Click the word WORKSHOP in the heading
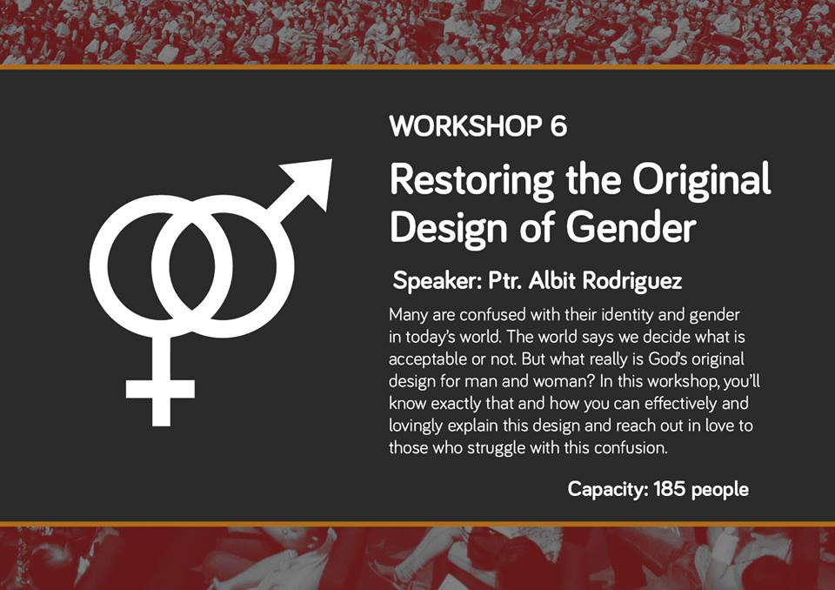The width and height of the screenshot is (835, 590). pos(464,126)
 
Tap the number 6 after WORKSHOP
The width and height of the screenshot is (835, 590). pos(558,126)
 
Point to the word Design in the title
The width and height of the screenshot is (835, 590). pos(450,228)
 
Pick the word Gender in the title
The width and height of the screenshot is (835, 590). pos(631,228)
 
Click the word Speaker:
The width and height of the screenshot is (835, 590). pos(437,281)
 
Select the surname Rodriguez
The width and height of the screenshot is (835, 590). pos(632,281)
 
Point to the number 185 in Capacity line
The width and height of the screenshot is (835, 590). pos(669,489)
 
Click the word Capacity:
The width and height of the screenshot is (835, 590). pos(608,489)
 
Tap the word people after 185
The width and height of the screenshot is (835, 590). pos(719,490)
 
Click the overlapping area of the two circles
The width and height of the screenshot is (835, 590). pos(191,266)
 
